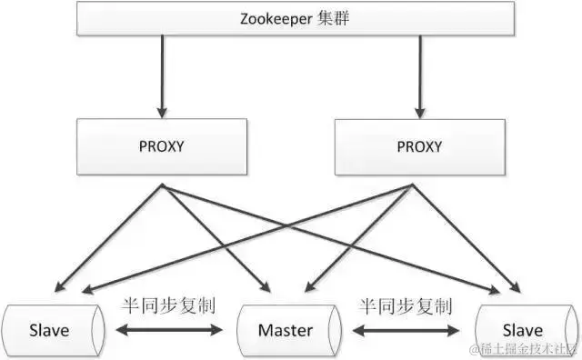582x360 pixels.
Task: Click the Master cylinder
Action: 286,329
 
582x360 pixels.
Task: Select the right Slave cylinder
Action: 522,329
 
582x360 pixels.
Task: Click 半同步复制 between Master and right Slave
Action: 406,305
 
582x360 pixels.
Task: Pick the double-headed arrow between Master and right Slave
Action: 407,330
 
